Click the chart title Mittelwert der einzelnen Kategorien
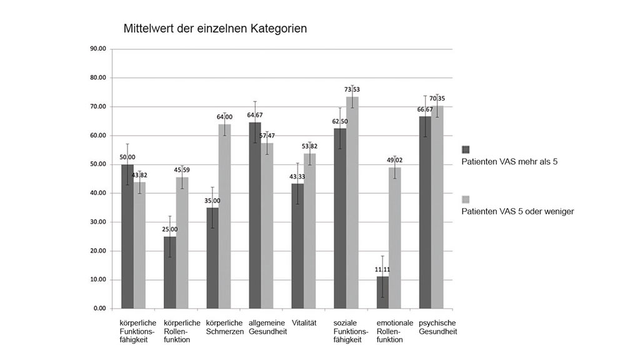coord(215,29)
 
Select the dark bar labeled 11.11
coord(382,292)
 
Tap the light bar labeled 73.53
coord(352,202)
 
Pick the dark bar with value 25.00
coord(170,272)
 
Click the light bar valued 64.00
coord(224,216)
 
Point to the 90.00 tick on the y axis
coord(99,49)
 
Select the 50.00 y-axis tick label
coord(99,164)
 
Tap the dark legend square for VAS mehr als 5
coord(465,149)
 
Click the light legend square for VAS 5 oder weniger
coord(465,199)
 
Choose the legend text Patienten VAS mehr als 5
coord(509,161)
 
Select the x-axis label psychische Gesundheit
coord(437,327)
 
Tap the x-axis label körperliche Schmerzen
coord(224,327)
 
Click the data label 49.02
coord(395,160)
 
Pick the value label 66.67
coord(424,109)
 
